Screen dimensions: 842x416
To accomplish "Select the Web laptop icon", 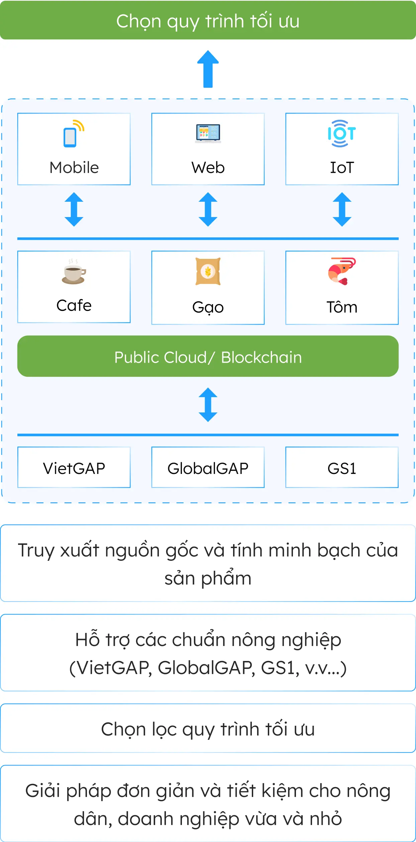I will click(208, 133).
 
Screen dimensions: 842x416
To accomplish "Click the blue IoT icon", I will click(341, 134).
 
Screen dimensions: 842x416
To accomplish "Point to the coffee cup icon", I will click(74, 272).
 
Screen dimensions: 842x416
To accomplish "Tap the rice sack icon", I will click(208, 271).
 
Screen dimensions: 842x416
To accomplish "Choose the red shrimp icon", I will click(341, 271).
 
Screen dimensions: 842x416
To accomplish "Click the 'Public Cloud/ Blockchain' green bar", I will click(208, 356).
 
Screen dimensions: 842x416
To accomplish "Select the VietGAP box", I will click(74, 468).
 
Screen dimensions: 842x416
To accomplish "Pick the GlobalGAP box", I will click(208, 468).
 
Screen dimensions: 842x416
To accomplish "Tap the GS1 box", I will click(342, 468).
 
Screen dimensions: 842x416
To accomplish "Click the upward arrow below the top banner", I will click(208, 69).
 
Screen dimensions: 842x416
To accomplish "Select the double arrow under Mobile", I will click(74, 209).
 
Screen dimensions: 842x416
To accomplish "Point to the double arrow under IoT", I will click(342, 209).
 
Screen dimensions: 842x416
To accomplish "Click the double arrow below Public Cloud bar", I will click(208, 405).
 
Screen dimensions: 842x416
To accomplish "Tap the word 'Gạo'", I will click(208, 307).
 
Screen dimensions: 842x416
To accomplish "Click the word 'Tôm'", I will click(342, 307).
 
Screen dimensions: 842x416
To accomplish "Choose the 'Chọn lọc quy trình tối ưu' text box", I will click(208, 729).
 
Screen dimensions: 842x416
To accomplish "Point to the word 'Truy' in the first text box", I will click(35, 551).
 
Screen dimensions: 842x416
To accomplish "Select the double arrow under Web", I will click(208, 209).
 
